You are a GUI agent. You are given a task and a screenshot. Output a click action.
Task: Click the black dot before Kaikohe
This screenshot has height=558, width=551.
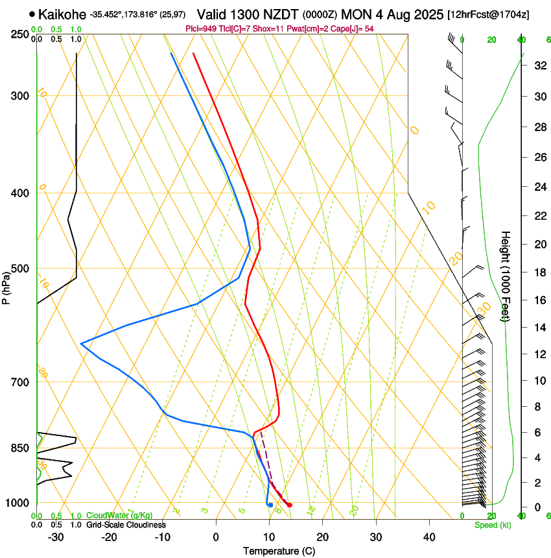point(32,14)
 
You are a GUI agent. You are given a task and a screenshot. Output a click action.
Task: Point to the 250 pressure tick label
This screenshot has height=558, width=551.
point(19,34)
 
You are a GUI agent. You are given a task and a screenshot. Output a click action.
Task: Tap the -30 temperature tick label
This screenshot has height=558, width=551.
point(56,537)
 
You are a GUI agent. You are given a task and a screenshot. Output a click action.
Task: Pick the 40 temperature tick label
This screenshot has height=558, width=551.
point(428,537)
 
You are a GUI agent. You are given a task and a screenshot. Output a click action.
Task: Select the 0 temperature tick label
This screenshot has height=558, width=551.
point(217,537)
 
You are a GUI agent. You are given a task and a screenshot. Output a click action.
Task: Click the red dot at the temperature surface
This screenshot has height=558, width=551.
point(290,505)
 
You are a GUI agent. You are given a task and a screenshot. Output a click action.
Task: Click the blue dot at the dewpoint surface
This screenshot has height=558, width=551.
point(270,505)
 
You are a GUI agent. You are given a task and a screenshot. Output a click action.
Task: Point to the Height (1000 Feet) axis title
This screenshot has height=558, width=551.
point(506,276)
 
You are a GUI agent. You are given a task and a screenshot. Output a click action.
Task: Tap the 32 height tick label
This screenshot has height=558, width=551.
point(539,66)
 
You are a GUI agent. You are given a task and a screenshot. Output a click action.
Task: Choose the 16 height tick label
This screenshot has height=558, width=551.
point(539,300)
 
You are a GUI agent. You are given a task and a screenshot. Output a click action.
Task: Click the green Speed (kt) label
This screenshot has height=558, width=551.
point(493,525)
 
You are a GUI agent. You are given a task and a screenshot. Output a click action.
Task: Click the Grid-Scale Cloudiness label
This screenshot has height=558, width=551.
point(126,525)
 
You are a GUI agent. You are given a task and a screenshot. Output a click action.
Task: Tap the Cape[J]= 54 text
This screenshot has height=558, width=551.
point(354,29)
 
